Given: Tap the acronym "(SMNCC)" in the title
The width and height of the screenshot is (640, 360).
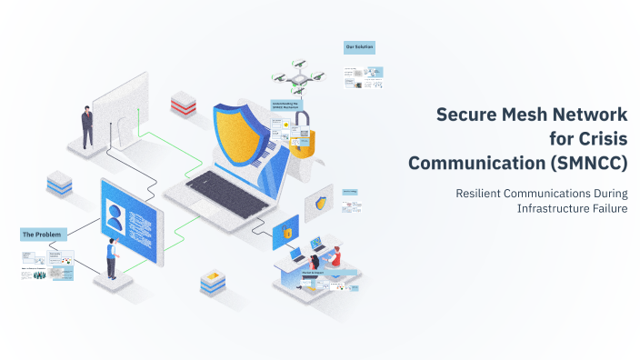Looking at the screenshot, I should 587,163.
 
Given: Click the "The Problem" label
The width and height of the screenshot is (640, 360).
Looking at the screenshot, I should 43,235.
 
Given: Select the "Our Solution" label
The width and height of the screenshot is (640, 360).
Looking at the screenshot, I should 359,46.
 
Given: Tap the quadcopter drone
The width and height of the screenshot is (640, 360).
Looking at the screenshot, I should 296,79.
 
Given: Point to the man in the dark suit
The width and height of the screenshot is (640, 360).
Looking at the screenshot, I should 87,126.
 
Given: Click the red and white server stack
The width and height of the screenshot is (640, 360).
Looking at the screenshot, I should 183,102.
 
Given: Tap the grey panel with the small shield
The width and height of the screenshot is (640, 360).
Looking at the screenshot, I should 320,203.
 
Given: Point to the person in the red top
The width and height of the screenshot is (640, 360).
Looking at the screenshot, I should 335,256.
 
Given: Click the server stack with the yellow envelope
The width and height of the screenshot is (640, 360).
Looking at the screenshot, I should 213,281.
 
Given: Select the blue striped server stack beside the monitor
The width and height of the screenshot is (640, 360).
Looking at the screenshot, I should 59,183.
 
